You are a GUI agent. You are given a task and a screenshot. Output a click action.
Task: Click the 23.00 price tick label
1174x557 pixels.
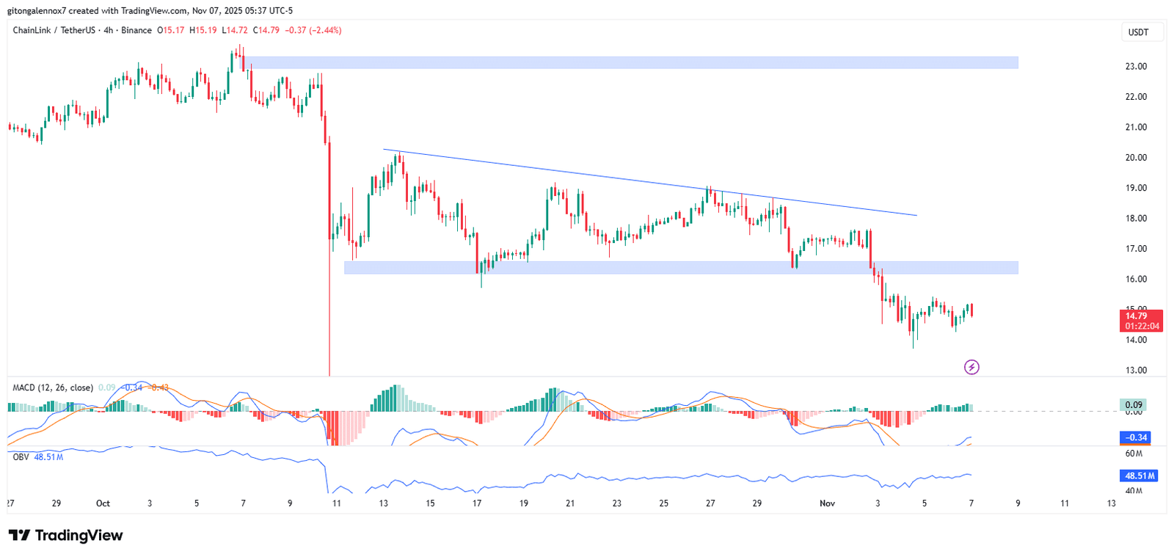[1136, 66]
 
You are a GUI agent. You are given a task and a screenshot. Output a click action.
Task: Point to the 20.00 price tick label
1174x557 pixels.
[1136, 157]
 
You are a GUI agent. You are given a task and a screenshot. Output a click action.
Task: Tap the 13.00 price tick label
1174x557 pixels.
[1136, 370]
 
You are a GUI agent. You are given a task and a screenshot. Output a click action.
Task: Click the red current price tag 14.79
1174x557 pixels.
[1140, 316]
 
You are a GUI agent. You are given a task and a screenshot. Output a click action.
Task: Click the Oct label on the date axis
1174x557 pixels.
[103, 503]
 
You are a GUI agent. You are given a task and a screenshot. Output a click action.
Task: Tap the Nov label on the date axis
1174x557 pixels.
[827, 503]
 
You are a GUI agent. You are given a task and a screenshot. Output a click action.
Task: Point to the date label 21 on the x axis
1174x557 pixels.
[570, 503]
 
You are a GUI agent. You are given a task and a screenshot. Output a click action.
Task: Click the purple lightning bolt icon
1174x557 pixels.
[971, 367]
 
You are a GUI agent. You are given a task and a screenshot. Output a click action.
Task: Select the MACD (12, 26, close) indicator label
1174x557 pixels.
[53, 387]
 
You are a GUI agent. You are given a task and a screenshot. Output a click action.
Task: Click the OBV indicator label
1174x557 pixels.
[21, 457]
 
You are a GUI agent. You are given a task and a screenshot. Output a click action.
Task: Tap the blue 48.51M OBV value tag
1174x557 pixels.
[1140, 476]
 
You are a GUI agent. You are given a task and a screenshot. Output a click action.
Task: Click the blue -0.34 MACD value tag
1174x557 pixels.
[1136, 437]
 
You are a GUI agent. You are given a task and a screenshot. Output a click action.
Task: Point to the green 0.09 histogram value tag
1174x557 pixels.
[1134, 404]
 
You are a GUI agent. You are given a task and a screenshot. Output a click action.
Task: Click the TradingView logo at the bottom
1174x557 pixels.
[65, 535]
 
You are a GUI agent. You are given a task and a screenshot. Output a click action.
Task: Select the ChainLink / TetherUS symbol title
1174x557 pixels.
[54, 30]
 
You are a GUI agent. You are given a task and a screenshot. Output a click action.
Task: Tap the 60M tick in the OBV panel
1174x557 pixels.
[1134, 454]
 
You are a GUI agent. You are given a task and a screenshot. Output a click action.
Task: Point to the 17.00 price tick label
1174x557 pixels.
[1136, 249]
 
